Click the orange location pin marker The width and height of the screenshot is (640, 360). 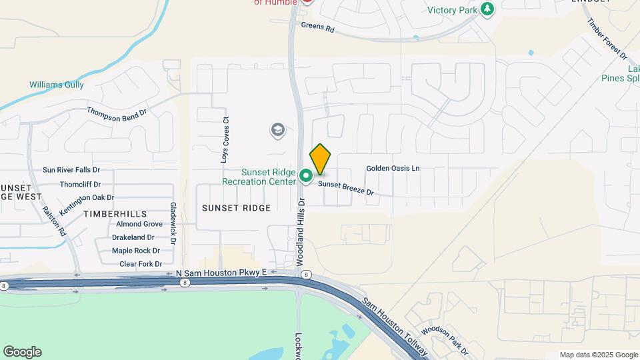[x=320, y=159]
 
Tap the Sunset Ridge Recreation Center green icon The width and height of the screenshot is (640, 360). [x=306, y=176]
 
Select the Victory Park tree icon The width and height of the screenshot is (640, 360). [x=488, y=9]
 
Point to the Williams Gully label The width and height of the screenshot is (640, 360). [x=57, y=85]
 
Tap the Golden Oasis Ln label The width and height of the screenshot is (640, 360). [x=393, y=169]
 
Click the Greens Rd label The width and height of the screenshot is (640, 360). [x=317, y=27]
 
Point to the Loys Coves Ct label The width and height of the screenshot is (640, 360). [x=225, y=141]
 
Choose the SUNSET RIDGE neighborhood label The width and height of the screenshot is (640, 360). [x=236, y=208]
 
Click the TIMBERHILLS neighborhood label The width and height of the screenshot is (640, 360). [x=115, y=213]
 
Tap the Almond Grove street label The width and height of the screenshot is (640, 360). [x=139, y=224]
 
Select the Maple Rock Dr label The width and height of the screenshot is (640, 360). [x=136, y=251]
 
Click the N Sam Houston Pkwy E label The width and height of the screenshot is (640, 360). [x=221, y=273]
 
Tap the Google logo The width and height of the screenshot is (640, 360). [x=22, y=352]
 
